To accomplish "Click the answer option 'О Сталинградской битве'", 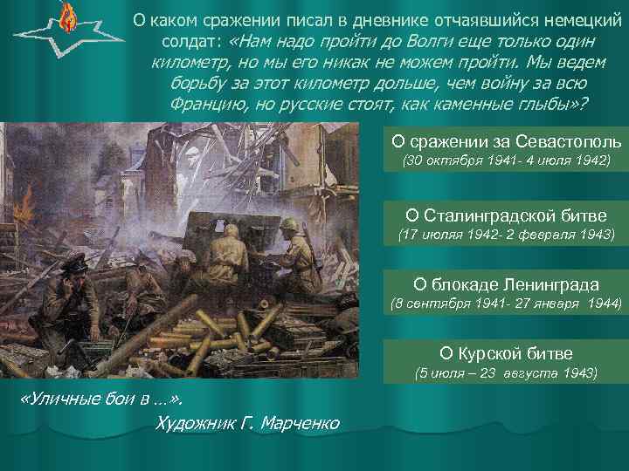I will pyautogui.click(x=506, y=214).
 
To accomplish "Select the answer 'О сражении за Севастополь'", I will pyautogui.click(x=506, y=142).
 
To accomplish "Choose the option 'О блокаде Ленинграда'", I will pyautogui.click(x=506, y=284).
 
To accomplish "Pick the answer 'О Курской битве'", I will pyautogui.click(x=506, y=353).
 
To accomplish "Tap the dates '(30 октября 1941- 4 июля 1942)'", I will pyautogui.click(x=506, y=163).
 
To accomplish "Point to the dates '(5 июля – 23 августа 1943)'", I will pyautogui.click(x=506, y=373).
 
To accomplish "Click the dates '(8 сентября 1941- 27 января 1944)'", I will pyautogui.click(x=506, y=304).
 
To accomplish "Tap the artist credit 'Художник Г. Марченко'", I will pyautogui.click(x=246, y=424).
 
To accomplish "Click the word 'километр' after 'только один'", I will pyautogui.click(x=189, y=63).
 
